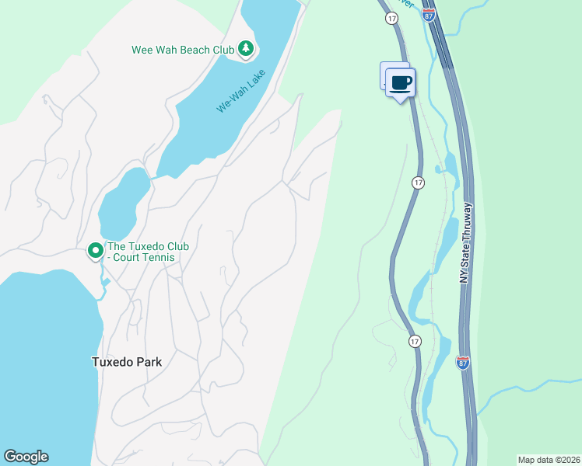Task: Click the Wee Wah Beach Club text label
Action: pyautogui.click(x=182, y=50)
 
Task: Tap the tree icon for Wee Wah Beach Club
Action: pyautogui.click(x=247, y=49)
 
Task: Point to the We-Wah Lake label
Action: pyautogui.click(x=242, y=91)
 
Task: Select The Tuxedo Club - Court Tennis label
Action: pyautogui.click(x=148, y=252)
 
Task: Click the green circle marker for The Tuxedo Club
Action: pyautogui.click(x=95, y=250)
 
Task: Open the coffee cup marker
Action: pyautogui.click(x=401, y=82)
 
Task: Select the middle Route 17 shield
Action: pyautogui.click(x=418, y=182)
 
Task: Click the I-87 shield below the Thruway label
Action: pyautogui.click(x=464, y=362)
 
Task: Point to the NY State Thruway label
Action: pyautogui.click(x=468, y=244)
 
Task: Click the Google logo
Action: pyautogui.click(x=26, y=457)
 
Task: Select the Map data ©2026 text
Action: pyautogui.click(x=549, y=460)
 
